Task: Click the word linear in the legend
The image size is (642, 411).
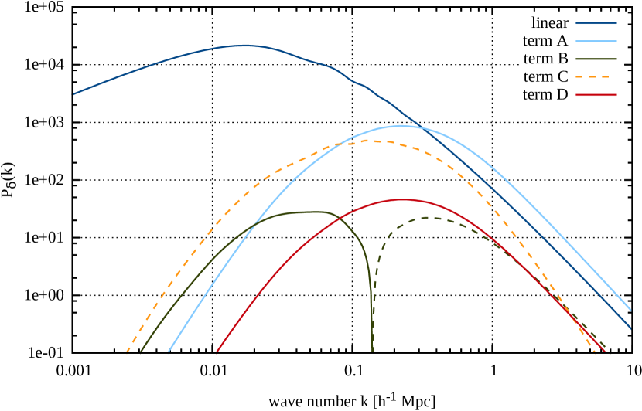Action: coord(549,23)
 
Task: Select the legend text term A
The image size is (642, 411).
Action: coord(545,41)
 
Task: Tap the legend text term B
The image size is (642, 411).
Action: coord(545,59)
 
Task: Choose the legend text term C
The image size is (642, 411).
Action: coord(545,76)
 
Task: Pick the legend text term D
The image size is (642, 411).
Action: coord(545,95)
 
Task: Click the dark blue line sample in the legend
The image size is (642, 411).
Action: coord(596,23)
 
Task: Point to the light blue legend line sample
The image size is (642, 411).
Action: coord(596,41)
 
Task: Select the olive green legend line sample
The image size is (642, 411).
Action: coord(596,59)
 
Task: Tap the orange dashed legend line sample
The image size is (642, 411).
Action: coord(596,76)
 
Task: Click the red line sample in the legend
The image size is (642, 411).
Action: coord(596,95)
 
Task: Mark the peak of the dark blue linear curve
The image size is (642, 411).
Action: coord(246,46)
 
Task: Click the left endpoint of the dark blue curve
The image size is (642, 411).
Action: coord(74,94)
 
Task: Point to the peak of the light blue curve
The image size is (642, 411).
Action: coord(401,125)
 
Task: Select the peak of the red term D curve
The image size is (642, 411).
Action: coord(402,199)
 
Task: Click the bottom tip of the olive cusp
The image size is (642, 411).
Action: coord(372,352)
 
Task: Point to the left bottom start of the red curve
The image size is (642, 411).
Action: coord(217,352)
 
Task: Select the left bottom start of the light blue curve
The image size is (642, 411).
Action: coord(168,352)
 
